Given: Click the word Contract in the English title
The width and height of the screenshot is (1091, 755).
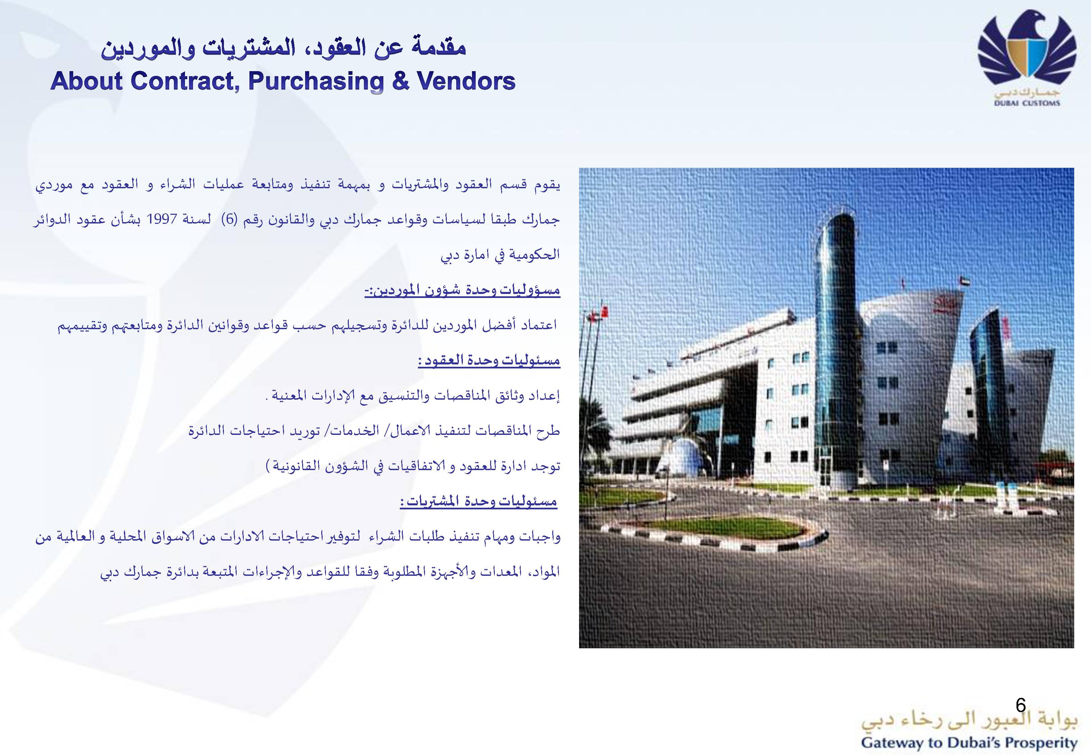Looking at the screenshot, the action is (x=183, y=81).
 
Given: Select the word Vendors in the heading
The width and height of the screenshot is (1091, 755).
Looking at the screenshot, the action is (x=466, y=81).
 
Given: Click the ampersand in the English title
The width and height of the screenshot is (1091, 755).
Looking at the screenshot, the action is (x=400, y=81).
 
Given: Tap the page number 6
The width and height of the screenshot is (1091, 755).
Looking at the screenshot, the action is (x=1021, y=718).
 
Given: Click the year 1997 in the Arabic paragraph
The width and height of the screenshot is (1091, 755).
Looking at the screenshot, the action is (x=162, y=219).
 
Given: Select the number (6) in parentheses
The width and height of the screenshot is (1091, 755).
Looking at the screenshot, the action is (x=230, y=219).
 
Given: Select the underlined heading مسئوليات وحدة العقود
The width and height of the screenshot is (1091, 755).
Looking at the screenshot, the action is (x=489, y=360).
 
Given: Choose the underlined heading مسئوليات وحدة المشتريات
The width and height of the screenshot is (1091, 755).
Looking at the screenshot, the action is (x=479, y=501).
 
